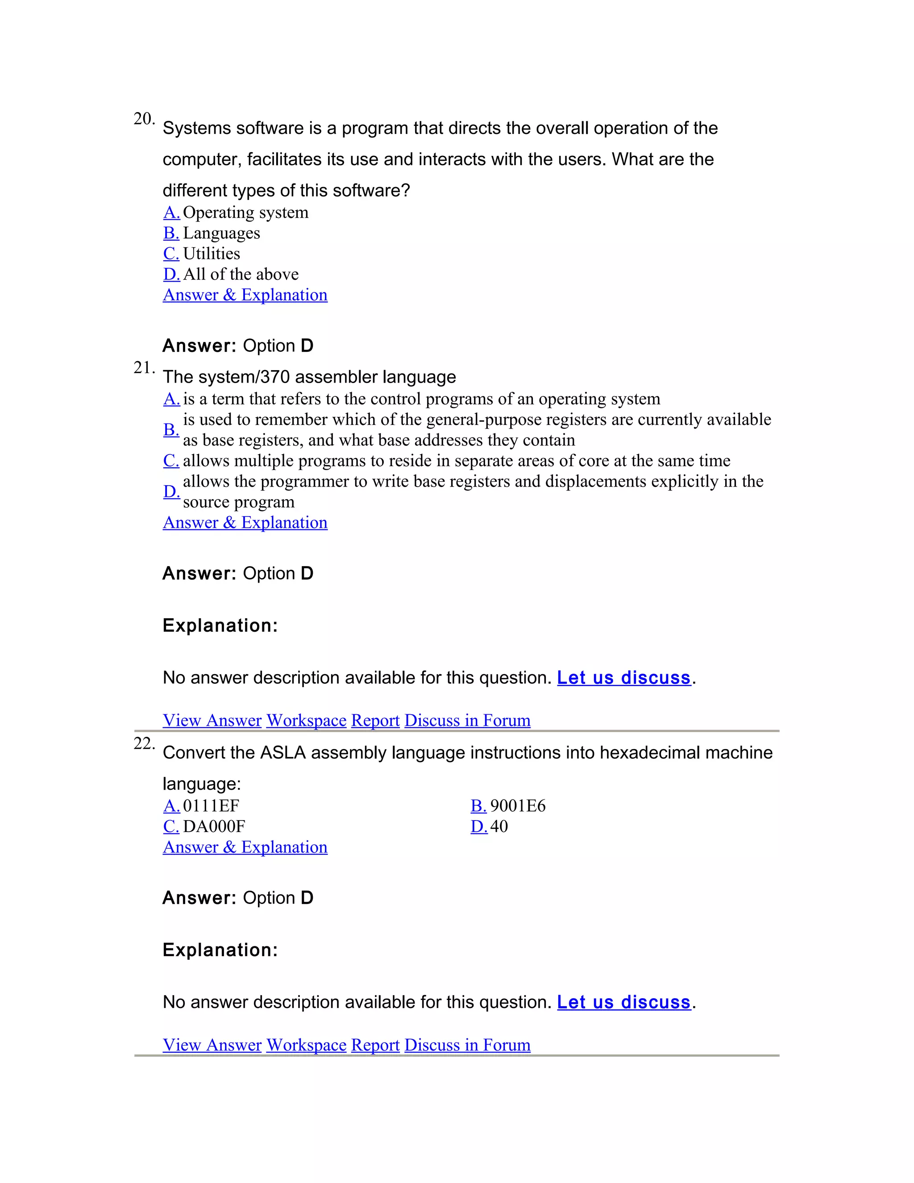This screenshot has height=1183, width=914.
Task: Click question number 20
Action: [144, 119]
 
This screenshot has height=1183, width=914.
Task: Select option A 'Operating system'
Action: [245, 212]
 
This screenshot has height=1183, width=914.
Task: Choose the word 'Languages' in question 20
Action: [221, 233]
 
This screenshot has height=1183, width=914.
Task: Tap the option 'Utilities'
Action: [211, 254]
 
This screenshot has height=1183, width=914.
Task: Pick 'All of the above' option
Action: [241, 274]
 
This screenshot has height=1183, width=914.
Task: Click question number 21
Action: [144, 368]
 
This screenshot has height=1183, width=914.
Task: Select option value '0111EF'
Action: [211, 806]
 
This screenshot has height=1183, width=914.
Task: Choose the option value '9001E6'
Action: [518, 806]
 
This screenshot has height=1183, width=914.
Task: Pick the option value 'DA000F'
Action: [214, 827]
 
